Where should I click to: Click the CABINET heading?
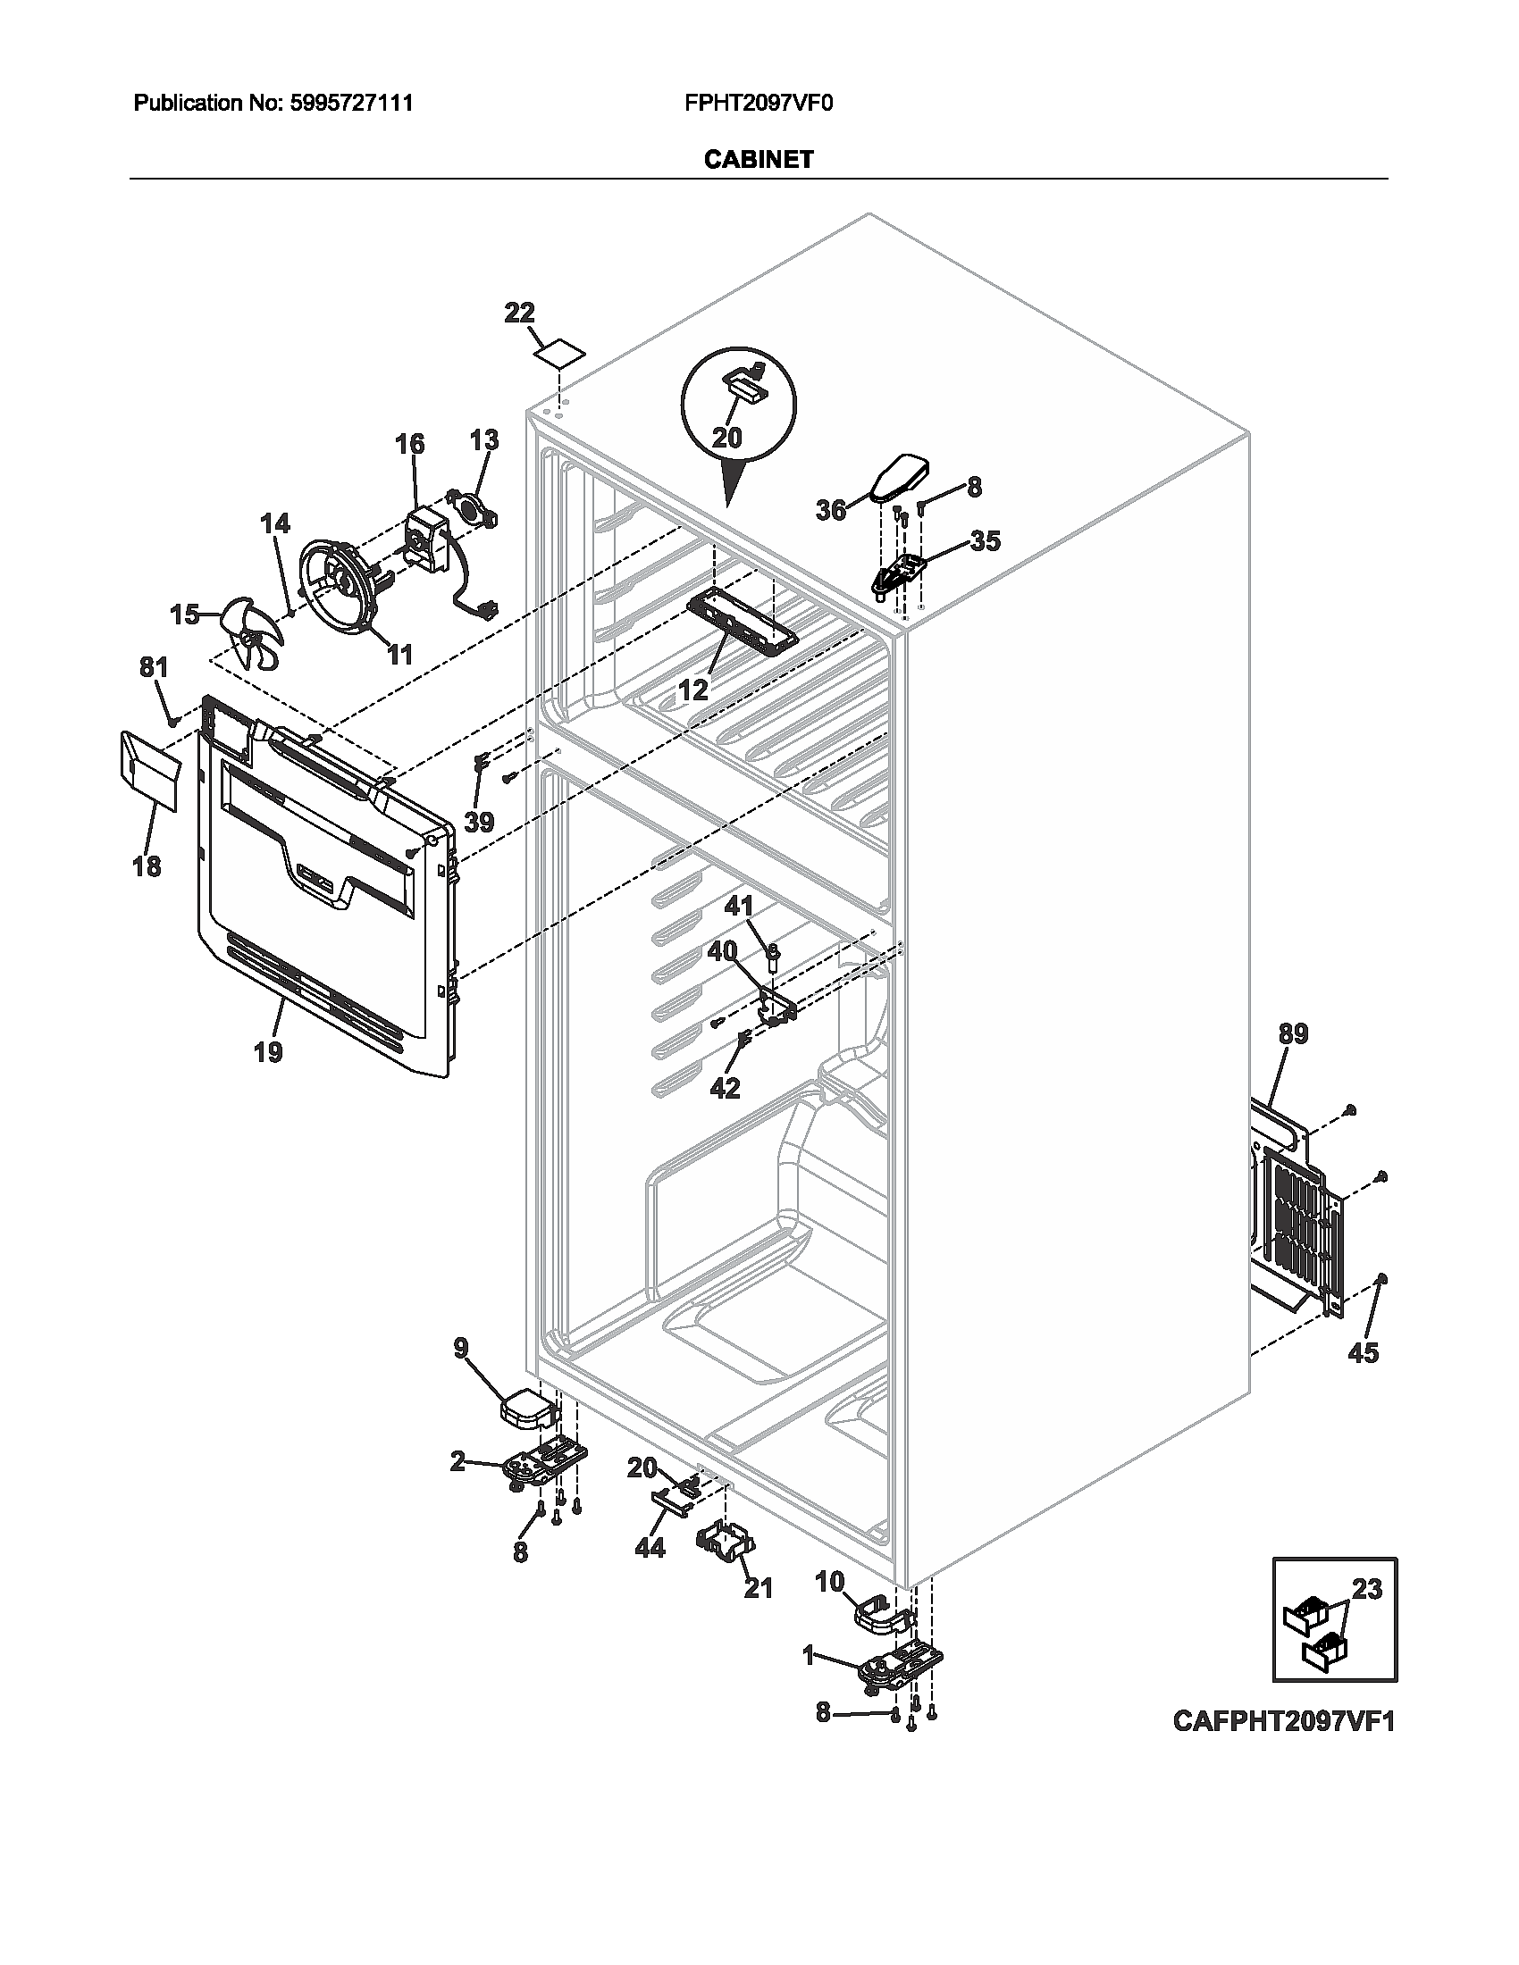(758, 160)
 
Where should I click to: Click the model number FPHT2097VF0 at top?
(759, 104)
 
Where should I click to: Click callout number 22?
(519, 314)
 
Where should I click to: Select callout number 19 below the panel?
(268, 1051)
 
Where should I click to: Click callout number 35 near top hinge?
(985, 540)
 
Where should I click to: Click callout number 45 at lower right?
(1364, 1352)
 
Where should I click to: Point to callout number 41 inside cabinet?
(739, 906)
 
